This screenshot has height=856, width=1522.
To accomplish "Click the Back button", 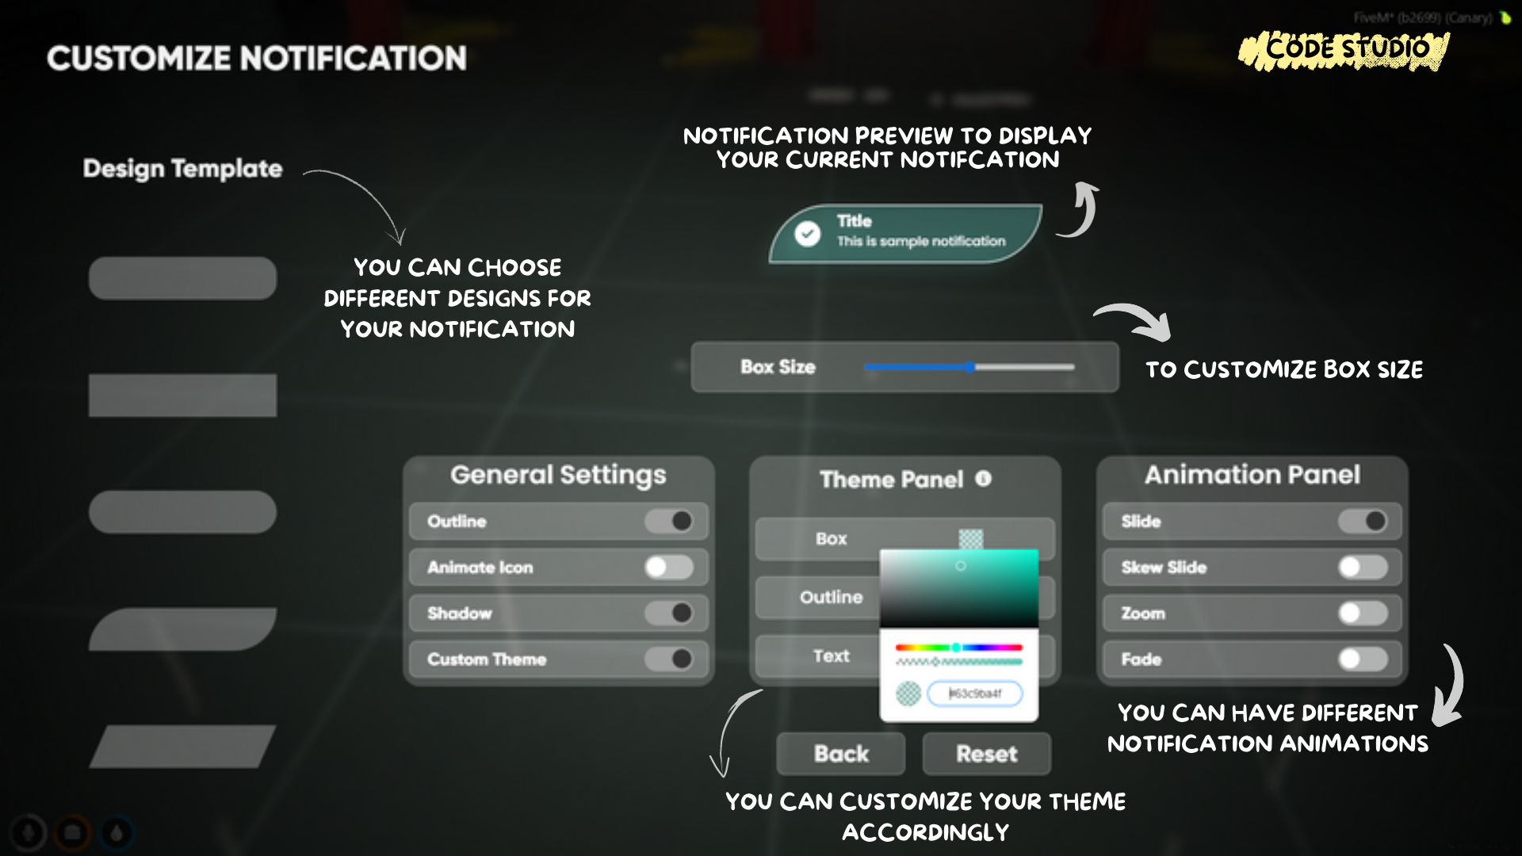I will pyautogui.click(x=840, y=754).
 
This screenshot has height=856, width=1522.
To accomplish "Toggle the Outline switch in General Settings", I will pyautogui.click(x=669, y=522).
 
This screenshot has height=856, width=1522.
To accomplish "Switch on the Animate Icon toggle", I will pyautogui.click(x=669, y=567).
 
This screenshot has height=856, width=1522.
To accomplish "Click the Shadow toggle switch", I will pyautogui.click(x=669, y=613).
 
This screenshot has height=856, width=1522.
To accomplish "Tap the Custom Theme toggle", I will pyautogui.click(x=669, y=659).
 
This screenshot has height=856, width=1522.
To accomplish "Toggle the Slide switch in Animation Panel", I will pyautogui.click(x=1363, y=522).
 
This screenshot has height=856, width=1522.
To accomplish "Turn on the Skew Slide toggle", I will pyautogui.click(x=1363, y=567).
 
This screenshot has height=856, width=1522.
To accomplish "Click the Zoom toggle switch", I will pyautogui.click(x=1363, y=613).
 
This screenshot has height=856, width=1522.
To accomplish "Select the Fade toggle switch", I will pyautogui.click(x=1363, y=659).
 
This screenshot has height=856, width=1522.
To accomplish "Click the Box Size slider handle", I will pyautogui.click(x=971, y=367).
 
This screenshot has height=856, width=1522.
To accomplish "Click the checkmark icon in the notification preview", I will pyautogui.click(x=808, y=234).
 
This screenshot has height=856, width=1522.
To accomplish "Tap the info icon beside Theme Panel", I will pyautogui.click(x=983, y=479).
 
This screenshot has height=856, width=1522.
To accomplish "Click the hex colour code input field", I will pyautogui.click(x=975, y=694).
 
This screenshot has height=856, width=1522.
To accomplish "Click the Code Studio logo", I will pyautogui.click(x=1344, y=50).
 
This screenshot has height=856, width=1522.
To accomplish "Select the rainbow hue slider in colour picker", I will pyautogui.click(x=958, y=648).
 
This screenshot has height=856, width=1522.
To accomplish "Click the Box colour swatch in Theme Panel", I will pyautogui.click(x=971, y=539).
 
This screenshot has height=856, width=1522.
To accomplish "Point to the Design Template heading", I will pyautogui.click(x=182, y=169).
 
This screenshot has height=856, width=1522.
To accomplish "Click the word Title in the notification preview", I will pyautogui.click(x=854, y=221).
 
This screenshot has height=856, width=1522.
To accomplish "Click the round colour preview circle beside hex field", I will pyautogui.click(x=908, y=694).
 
